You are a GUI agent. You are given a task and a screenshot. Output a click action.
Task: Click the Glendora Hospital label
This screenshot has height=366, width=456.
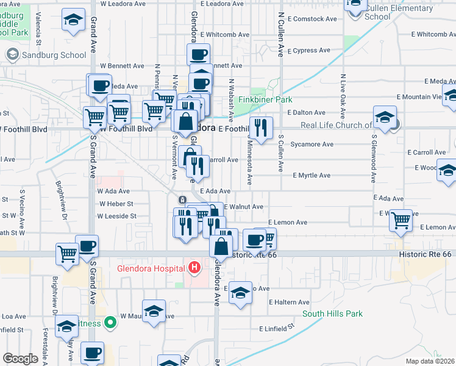151,269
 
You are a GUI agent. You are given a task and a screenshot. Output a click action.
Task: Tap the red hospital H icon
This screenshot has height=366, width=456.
194,267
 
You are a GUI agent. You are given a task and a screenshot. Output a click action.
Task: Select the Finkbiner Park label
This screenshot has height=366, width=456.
265,99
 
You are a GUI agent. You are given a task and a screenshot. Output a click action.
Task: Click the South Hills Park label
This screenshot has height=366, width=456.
333,314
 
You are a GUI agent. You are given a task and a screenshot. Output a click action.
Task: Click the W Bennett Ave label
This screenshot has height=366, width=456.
122,65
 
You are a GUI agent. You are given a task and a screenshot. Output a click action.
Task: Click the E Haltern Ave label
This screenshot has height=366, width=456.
289,302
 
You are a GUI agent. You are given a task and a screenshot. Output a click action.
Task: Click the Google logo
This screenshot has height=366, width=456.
21,359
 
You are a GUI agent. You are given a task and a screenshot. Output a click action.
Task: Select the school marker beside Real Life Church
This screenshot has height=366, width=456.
385,118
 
